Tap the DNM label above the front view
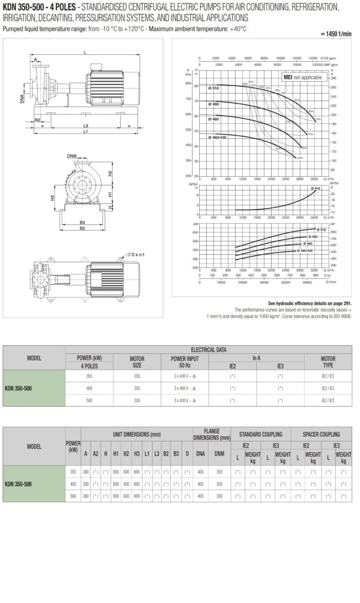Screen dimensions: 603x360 click(x=71, y=156)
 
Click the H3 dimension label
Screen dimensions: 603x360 click(x=52, y=198)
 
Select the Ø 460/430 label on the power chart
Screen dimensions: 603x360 click(x=305, y=251)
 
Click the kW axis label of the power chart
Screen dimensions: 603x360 click(x=196, y=224)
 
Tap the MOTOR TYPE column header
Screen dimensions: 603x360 click(x=328, y=361)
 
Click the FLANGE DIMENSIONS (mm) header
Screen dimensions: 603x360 click(x=212, y=434)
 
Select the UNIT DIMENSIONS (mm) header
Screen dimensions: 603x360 click(x=137, y=434)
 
